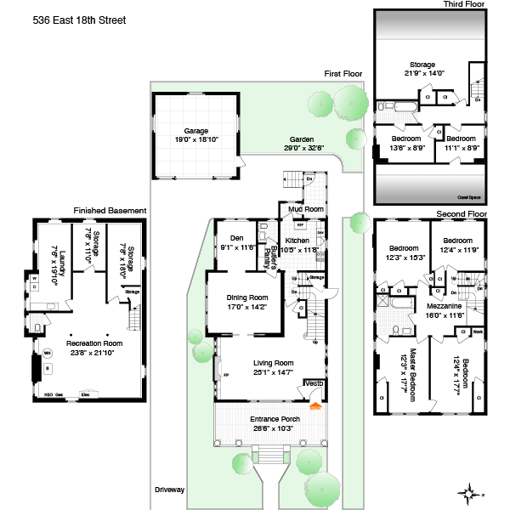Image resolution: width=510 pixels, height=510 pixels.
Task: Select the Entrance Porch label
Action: [x=271, y=419]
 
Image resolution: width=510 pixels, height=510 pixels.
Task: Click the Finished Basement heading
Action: [x=110, y=210]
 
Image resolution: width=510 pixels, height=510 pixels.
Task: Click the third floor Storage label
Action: [x=422, y=65]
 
